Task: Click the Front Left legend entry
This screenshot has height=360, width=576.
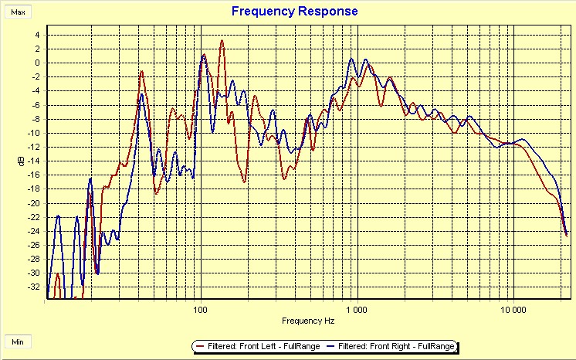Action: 262,346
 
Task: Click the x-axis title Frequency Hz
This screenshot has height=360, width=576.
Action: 308,320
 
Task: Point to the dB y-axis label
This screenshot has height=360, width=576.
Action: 21,161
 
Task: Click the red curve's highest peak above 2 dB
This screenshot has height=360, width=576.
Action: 222,41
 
